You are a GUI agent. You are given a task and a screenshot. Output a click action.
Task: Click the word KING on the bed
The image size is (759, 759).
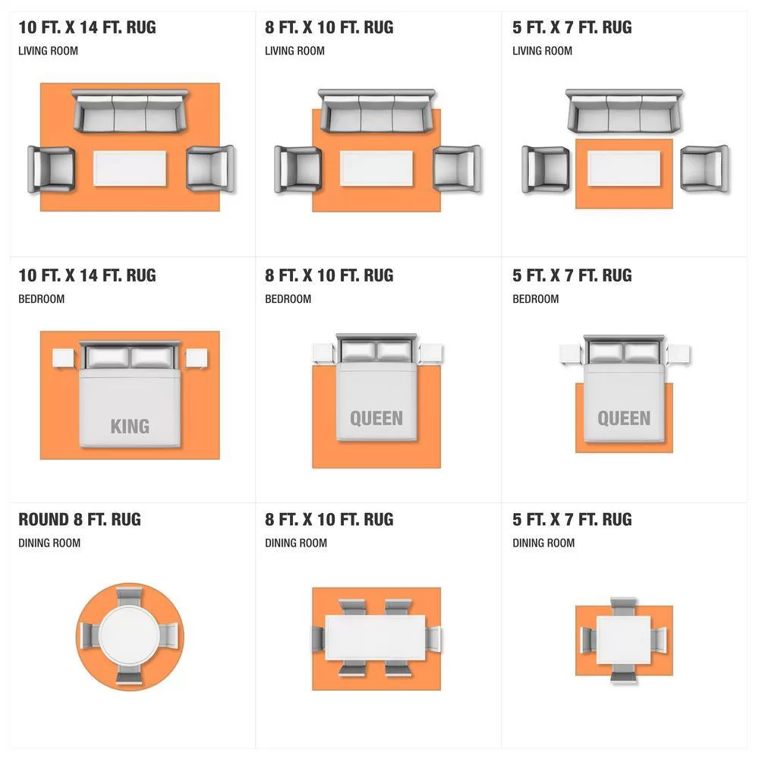pyautogui.click(x=130, y=427)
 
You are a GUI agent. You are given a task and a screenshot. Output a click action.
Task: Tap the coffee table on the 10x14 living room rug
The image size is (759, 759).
pyautogui.click(x=130, y=168)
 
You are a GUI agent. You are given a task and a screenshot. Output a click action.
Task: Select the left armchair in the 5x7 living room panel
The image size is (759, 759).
pyautogui.click(x=545, y=169)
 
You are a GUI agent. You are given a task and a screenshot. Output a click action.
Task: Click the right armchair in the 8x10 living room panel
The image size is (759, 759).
pyautogui.click(x=457, y=169)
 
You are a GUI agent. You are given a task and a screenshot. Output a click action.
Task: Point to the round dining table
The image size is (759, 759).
pyautogui.click(x=129, y=635)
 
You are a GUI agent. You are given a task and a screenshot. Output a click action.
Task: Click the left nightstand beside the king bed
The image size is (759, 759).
pyautogui.click(x=64, y=358)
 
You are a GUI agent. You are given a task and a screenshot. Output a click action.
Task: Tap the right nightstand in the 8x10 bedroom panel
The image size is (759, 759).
pyautogui.click(x=430, y=353)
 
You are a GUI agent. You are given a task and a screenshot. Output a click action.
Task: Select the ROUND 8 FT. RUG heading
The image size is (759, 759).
pyautogui.click(x=80, y=519)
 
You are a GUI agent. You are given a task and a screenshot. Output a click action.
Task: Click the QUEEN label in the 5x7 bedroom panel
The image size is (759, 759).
pyautogui.click(x=624, y=418)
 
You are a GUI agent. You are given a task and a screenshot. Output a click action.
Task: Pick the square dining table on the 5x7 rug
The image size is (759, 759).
pyautogui.click(x=623, y=640)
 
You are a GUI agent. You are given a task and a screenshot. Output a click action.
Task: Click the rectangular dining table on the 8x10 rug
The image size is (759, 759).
pyautogui.click(x=375, y=638)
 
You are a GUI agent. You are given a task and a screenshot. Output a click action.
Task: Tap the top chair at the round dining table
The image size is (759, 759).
pyautogui.click(x=130, y=597)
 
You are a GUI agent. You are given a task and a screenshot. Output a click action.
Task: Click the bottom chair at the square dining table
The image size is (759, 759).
pyautogui.click(x=623, y=673)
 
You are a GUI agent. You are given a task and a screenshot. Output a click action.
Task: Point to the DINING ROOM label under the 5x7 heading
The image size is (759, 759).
pyautogui.click(x=543, y=543)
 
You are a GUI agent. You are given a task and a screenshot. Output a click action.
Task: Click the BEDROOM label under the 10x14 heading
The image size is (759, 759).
pyautogui.click(x=41, y=299)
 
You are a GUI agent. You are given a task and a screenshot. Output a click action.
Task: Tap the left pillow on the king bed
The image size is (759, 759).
pyautogui.click(x=108, y=357)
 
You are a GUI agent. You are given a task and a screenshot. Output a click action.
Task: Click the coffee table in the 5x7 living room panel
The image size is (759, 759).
pyautogui.click(x=624, y=168)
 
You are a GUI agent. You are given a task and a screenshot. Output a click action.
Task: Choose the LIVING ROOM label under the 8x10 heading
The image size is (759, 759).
pyautogui.click(x=294, y=51)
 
